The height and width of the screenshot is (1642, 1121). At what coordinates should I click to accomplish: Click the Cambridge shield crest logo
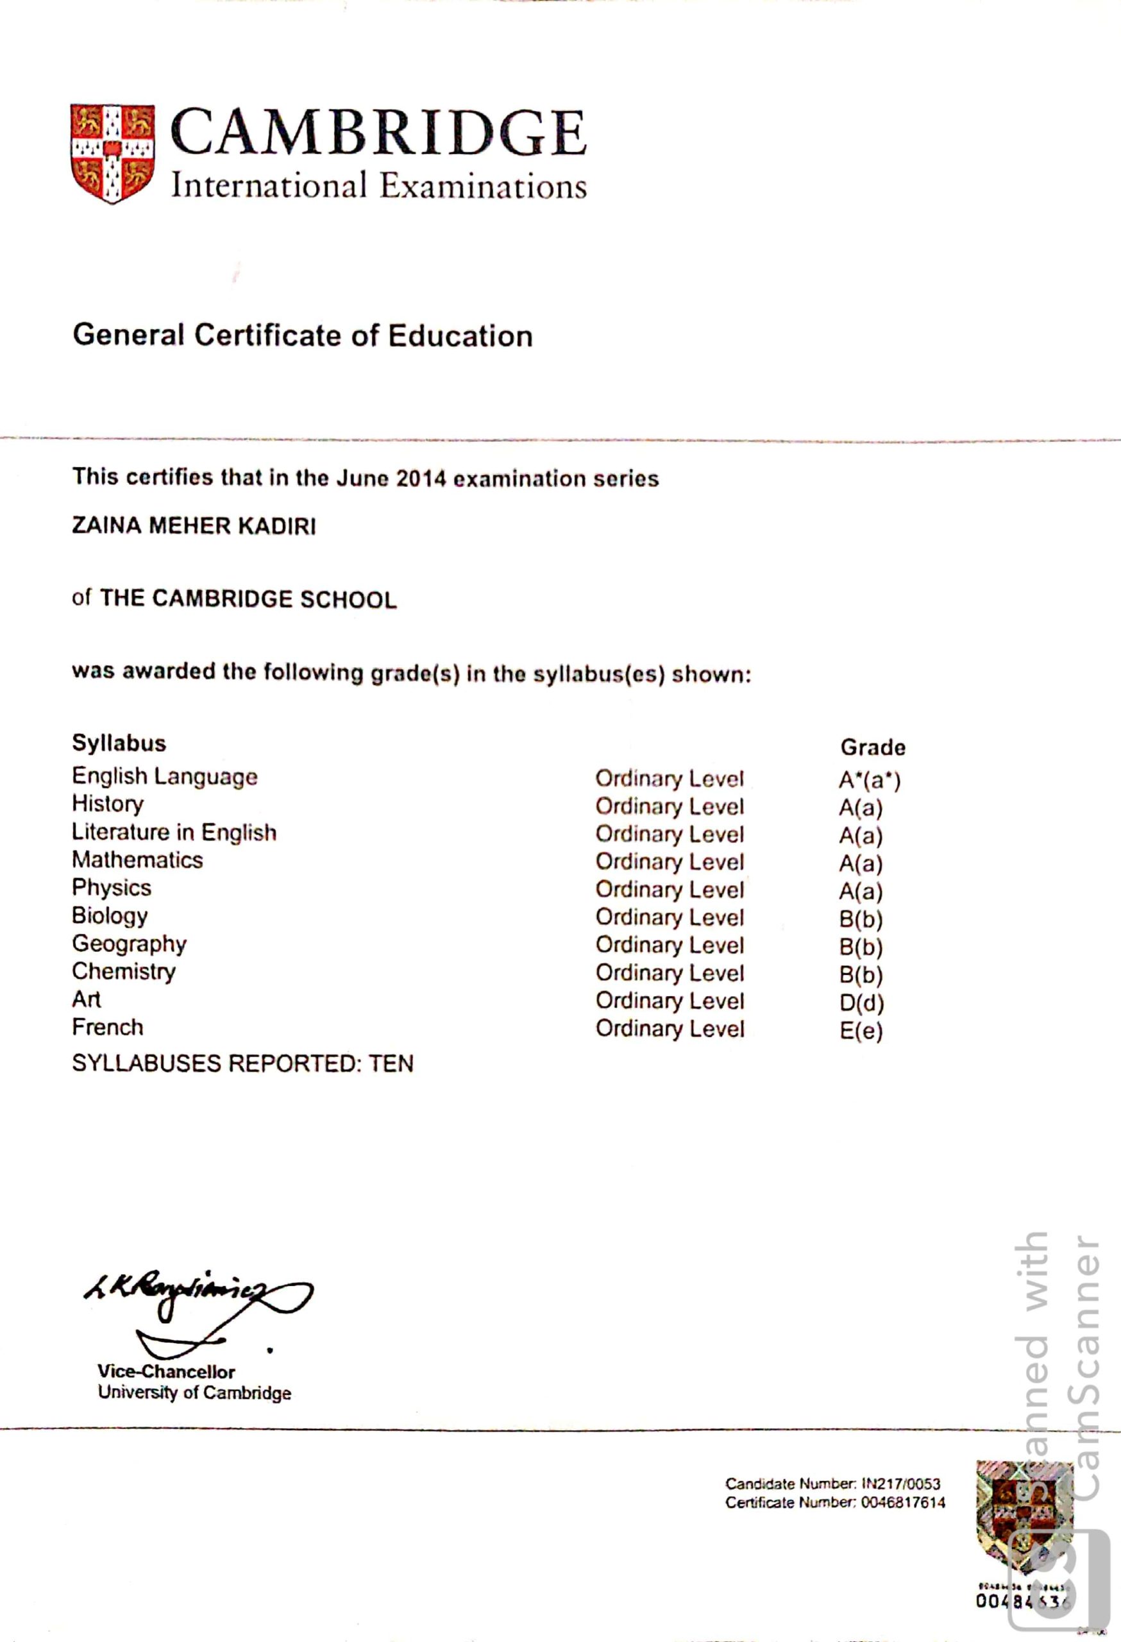112,153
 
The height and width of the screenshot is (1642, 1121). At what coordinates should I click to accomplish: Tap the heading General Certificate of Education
302,335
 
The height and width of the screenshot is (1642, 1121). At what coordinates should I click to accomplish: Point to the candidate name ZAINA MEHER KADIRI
194,527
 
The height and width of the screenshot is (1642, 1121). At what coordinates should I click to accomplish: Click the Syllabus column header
119,743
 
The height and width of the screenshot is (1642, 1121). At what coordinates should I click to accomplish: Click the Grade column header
872,747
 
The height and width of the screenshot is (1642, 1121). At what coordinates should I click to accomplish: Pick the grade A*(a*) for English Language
870,780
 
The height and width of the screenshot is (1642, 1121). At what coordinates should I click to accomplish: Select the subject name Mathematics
137,860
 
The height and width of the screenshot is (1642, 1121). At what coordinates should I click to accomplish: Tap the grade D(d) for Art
861,1003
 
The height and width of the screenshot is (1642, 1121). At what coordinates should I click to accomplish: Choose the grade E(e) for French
861,1031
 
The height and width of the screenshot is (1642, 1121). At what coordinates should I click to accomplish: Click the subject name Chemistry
124,972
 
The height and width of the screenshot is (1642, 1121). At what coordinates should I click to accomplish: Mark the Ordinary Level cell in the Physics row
669,890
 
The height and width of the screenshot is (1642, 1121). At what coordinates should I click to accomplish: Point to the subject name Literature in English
174,833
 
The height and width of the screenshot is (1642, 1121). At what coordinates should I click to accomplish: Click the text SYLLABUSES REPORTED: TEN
242,1063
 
